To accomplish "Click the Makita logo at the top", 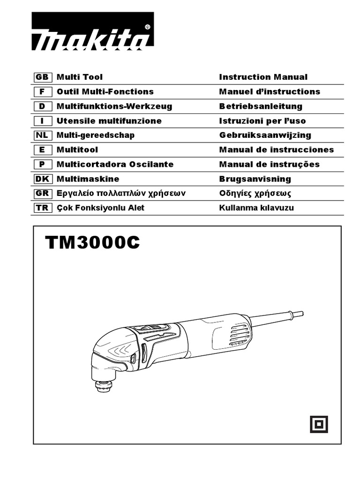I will click(92, 32).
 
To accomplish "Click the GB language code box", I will click(42, 77).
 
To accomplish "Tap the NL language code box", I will click(42, 135).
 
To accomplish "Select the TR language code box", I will click(42, 208).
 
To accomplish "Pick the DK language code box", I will click(42, 179).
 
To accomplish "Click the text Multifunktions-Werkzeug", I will click(114, 106).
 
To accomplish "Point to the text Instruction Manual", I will click(263, 77).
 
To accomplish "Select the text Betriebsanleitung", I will click(261, 106).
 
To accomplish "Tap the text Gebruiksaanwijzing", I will click(265, 135).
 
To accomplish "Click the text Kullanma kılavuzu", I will click(256, 208).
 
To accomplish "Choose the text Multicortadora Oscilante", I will click(115, 164).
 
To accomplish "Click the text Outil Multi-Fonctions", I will click(105, 91).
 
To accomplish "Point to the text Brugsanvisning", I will click(255, 179).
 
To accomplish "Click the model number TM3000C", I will click(93, 243).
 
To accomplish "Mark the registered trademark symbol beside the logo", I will click(148, 27).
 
